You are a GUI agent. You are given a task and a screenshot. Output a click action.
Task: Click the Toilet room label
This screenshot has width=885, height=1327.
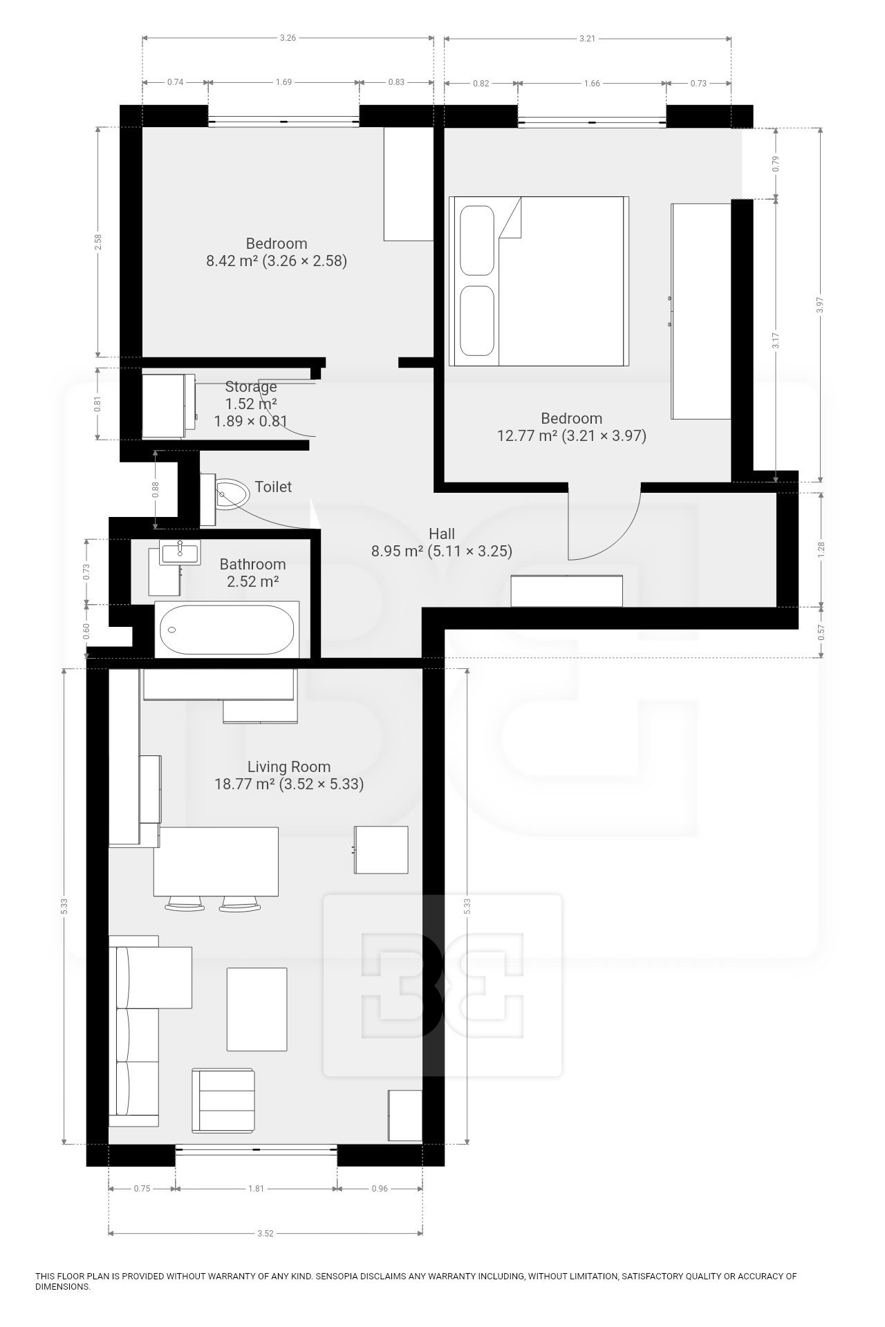(273, 487)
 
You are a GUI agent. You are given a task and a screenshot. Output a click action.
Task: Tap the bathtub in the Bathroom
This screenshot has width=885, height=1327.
(227, 630)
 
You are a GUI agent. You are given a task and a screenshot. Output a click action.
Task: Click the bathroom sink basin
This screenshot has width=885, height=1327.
(180, 552)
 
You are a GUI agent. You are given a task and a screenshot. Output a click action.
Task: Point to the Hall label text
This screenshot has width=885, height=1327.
(442, 534)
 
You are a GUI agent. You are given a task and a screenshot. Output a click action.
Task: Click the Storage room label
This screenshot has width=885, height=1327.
(251, 387)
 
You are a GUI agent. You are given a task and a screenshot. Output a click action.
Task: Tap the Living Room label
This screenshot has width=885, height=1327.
(289, 766)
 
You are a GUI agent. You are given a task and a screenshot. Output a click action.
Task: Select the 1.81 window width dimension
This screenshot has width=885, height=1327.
(255, 1189)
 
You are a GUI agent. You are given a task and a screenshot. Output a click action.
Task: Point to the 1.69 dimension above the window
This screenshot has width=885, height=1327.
(283, 82)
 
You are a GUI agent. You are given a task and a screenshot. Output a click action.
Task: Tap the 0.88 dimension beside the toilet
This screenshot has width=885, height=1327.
(156, 489)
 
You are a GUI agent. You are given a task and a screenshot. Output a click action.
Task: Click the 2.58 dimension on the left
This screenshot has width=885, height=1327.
(98, 242)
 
